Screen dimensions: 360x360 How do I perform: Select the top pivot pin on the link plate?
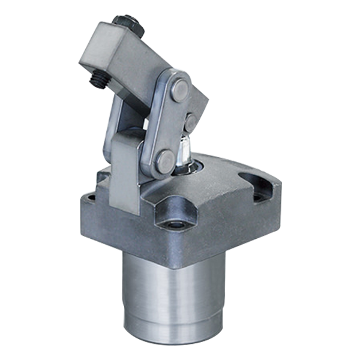[x=180, y=88]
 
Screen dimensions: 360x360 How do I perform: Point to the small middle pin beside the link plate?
[x=191, y=123]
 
